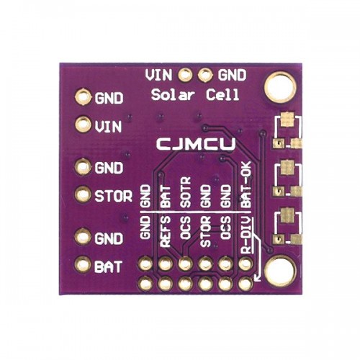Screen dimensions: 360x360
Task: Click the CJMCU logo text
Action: click(x=196, y=144)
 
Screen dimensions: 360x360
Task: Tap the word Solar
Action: click(x=172, y=94)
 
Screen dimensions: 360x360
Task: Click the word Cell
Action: click(x=222, y=94)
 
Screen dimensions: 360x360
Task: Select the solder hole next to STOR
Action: click(x=83, y=194)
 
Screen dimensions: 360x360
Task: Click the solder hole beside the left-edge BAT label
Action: click(x=83, y=265)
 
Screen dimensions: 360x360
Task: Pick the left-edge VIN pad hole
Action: click(x=83, y=125)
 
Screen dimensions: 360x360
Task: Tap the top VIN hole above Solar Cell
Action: click(x=185, y=75)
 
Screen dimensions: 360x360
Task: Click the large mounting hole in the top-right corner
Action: click(x=279, y=86)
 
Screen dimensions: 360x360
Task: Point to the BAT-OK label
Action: click(x=246, y=184)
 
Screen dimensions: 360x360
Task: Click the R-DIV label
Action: click(x=246, y=235)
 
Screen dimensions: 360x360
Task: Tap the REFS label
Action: click(x=166, y=231)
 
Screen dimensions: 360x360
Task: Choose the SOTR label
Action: click(x=185, y=192)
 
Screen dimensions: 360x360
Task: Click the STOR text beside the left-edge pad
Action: click(x=113, y=196)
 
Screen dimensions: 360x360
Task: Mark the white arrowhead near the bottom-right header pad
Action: click(x=257, y=278)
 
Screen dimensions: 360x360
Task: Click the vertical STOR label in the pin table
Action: click(x=206, y=231)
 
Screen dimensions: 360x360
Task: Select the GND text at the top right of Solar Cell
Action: click(x=232, y=75)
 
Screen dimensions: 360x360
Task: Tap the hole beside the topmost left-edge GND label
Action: click(x=83, y=97)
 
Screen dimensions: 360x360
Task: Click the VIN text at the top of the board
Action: click(x=158, y=75)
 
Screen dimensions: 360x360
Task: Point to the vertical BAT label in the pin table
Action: click(x=166, y=197)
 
